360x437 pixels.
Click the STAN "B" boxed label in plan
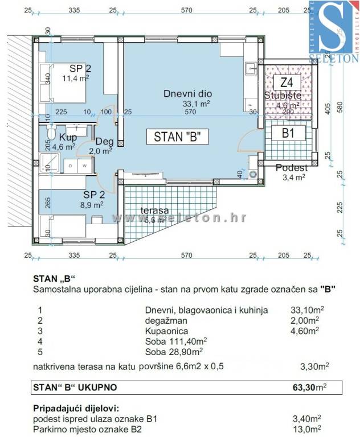(x=177, y=137)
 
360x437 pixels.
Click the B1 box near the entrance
(x=289, y=134)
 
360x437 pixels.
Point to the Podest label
(x=291, y=167)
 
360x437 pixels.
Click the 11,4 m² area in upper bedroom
(x=74, y=79)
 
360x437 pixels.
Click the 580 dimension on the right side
(x=341, y=106)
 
